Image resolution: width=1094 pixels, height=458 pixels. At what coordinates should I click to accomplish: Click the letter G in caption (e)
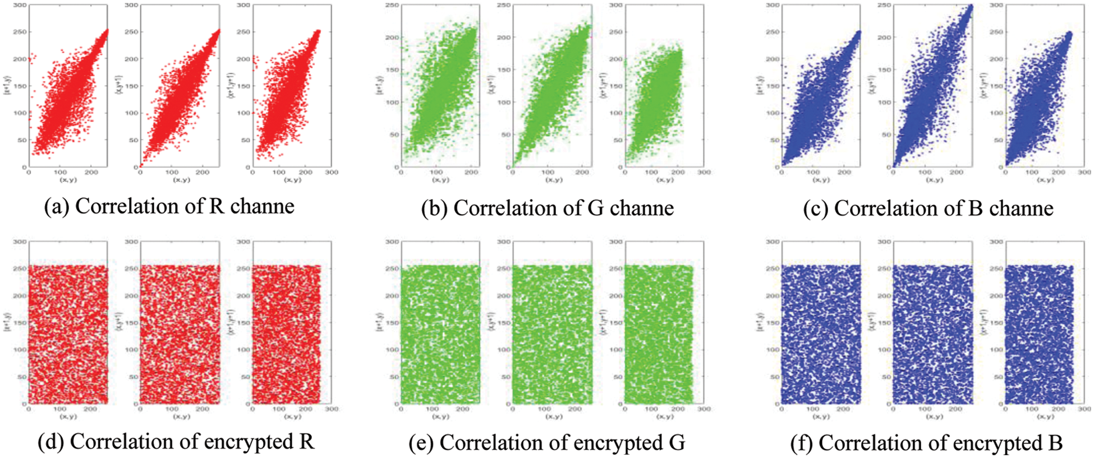click(677, 443)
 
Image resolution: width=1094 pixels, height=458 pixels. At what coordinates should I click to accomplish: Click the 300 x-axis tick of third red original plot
click(332, 173)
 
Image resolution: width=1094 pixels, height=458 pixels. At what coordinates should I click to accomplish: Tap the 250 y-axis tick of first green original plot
click(393, 5)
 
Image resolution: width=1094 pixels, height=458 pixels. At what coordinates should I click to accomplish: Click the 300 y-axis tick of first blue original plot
click(773, 5)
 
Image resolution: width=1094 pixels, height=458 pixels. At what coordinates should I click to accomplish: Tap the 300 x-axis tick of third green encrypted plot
click(704, 409)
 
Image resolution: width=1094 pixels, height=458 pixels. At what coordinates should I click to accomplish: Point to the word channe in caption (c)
click(1021, 208)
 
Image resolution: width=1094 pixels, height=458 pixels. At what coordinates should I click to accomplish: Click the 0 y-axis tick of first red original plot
click(24, 167)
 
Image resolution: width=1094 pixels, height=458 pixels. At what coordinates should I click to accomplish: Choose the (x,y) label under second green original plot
click(553, 180)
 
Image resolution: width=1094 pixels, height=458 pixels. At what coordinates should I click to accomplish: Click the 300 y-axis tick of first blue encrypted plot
click(773, 242)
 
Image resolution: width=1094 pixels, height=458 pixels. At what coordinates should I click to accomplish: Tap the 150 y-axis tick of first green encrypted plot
click(392, 323)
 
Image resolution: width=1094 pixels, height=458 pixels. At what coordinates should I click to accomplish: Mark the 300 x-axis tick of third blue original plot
click(1084, 173)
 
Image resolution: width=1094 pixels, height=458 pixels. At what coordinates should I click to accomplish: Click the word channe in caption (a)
click(262, 206)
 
